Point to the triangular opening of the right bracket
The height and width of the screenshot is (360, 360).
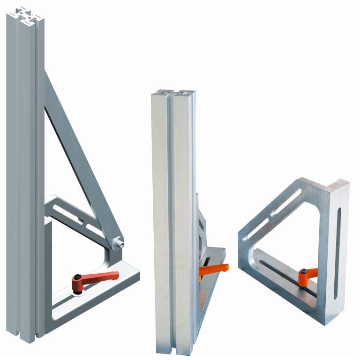point(291,239)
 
